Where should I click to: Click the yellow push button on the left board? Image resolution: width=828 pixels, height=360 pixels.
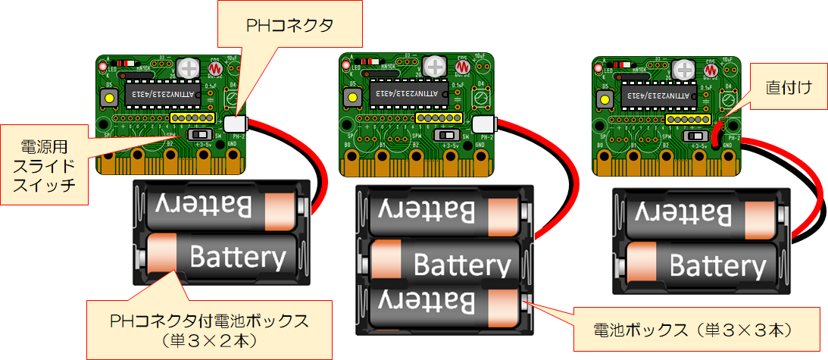pyautogui.click(x=108, y=99)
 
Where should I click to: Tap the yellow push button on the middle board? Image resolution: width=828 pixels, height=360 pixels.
pyautogui.click(x=352, y=99)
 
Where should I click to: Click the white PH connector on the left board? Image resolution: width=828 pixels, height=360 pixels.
pyautogui.click(x=236, y=124)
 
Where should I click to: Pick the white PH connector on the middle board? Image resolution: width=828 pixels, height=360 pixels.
pyautogui.click(x=482, y=124)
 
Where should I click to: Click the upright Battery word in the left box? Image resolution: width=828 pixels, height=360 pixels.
pyautogui.click(x=238, y=257)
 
